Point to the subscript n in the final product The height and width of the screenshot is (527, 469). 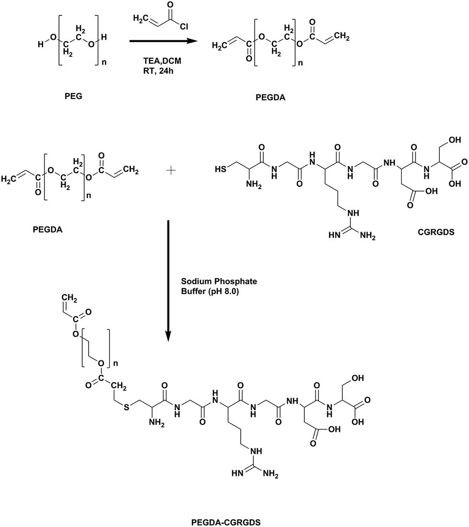115,363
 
